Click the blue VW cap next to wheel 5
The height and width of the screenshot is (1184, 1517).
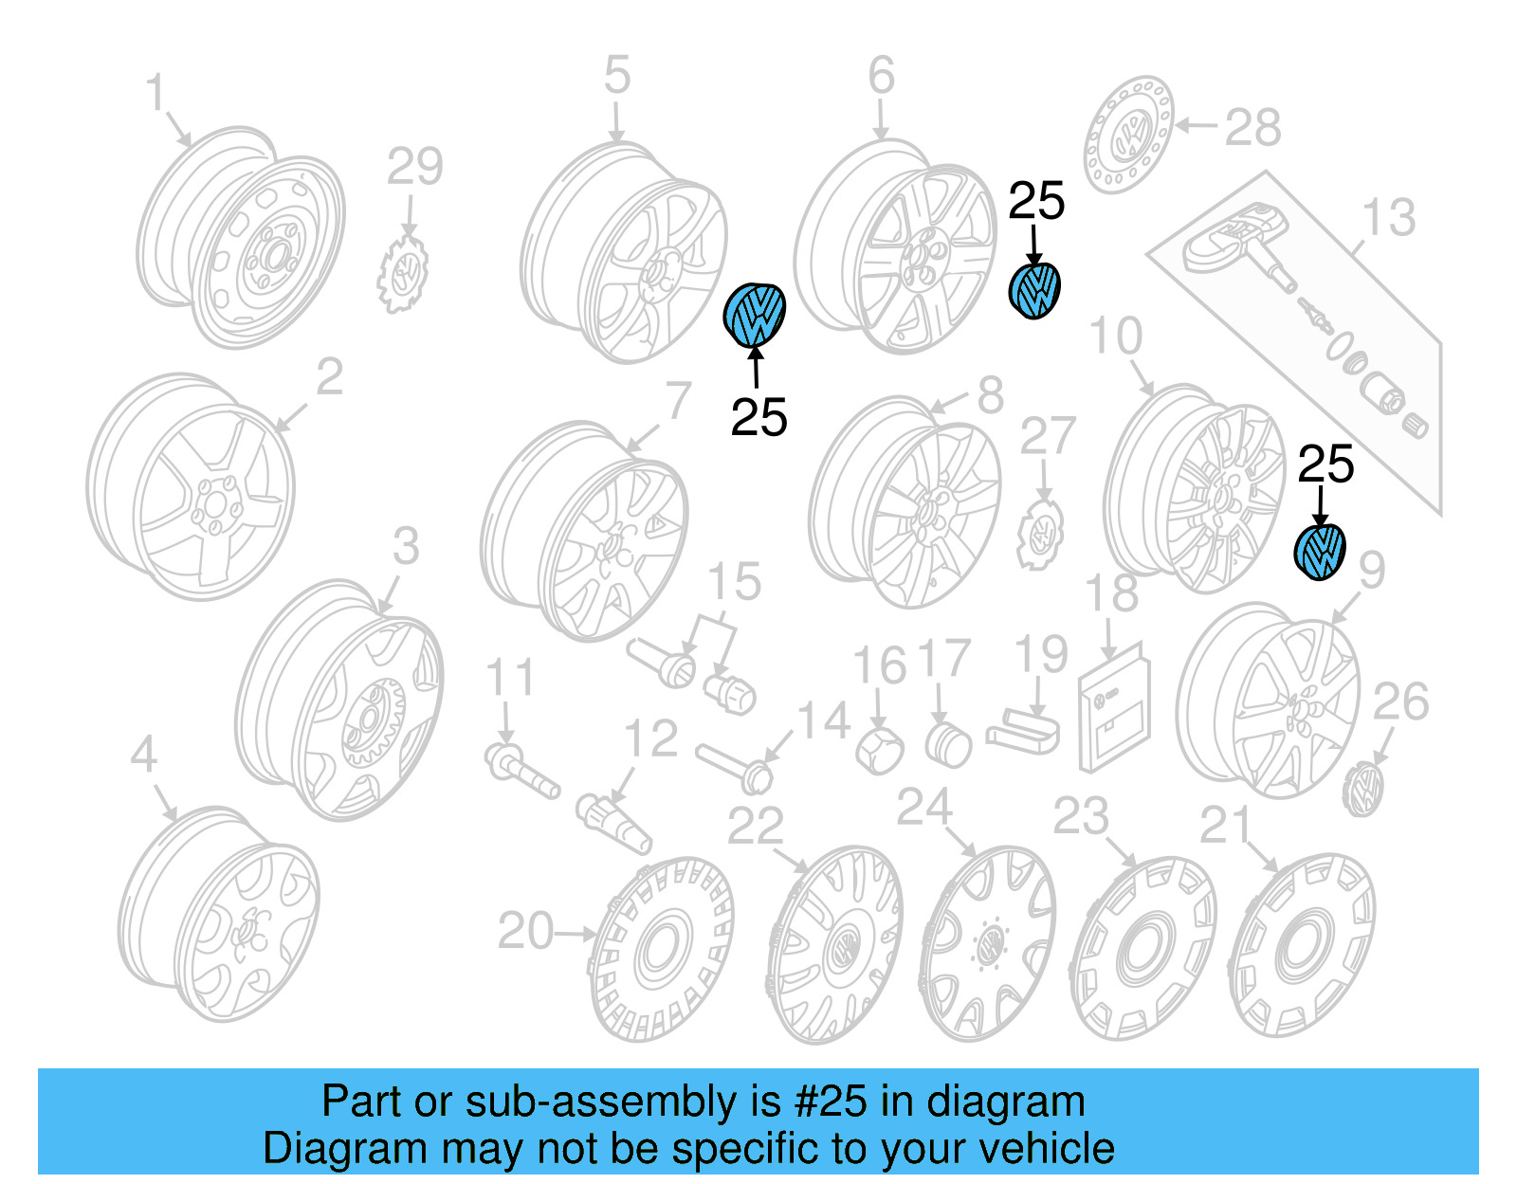[x=755, y=315]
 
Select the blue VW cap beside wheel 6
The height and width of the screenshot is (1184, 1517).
[x=1033, y=290]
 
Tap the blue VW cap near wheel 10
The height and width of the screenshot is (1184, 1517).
[x=1320, y=551]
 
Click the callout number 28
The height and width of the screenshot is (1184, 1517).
[x=1252, y=127]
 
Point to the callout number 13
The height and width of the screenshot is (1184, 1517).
[x=1388, y=217]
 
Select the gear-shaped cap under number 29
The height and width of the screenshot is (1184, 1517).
[x=403, y=273]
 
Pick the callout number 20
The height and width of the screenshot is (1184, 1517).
[x=525, y=931]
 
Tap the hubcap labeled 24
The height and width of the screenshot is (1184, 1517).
[x=987, y=942]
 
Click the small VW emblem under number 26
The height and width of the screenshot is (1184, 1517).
[x=1364, y=789]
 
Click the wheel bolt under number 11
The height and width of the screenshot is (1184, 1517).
[x=521, y=771]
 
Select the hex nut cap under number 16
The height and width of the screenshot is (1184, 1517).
[x=878, y=751]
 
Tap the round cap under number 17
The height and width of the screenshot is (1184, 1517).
[x=947, y=745]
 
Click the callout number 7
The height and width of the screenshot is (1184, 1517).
[x=677, y=400]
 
